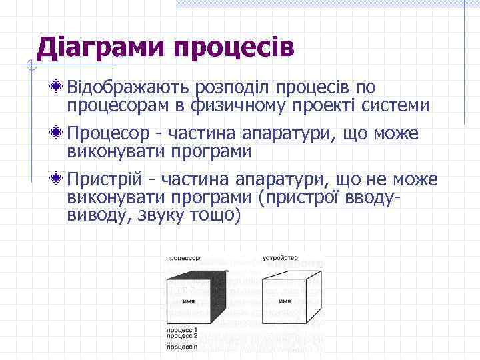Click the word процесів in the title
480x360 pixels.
233,48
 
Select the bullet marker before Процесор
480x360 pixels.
59,133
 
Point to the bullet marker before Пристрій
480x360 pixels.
59,179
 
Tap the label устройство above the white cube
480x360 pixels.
280,257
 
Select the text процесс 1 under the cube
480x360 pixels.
182,330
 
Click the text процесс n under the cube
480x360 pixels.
182,347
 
